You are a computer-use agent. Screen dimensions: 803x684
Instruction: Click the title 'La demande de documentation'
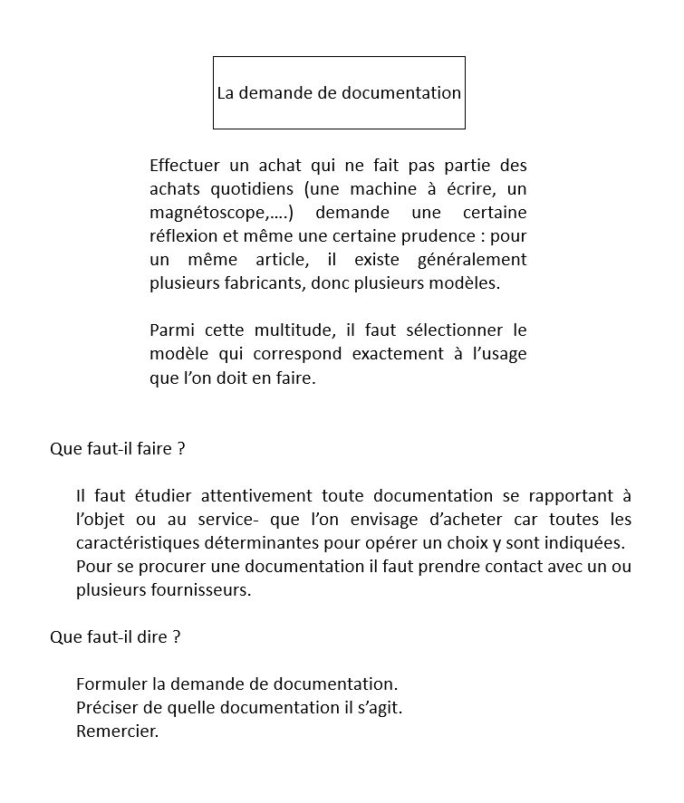tap(339, 93)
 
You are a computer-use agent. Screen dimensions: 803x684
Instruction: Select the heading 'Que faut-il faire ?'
tap(117, 448)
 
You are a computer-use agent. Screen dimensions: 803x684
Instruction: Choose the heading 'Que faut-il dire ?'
tap(115, 636)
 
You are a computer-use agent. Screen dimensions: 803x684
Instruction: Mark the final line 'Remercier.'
tap(118, 731)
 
